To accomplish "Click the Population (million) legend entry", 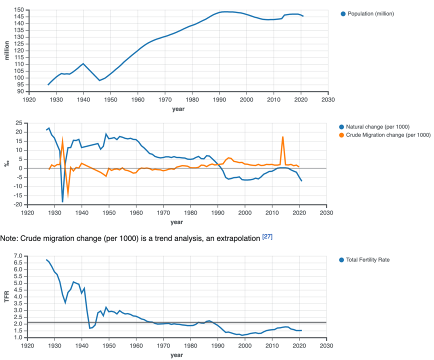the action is click(x=367, y=14).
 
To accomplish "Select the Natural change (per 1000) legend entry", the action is click(x=374, y=126).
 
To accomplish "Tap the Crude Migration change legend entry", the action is click(x=384, y=135).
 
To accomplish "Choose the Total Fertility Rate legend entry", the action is click(x=364, y=260).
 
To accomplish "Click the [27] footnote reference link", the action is click(x=267, y=236).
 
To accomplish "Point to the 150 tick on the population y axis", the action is click(x=19, y=10).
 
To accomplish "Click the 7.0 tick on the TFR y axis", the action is click(x=18, y=256).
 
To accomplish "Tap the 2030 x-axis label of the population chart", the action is click(x=328, y=99).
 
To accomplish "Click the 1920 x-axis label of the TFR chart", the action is click(x=27, y=345).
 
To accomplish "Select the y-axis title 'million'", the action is click(x=7, y=50).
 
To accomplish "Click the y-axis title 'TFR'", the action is click(x=7, y=296).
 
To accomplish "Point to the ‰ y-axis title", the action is click(x=6, y=163).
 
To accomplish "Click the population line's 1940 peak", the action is click(x=83, y=63).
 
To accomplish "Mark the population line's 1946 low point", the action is click(x=99, y=80).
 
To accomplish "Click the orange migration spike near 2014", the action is click(x=282, y=136).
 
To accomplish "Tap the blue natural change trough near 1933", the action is click(x=62, y=201).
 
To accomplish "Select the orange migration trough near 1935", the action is click(x=68, y=197).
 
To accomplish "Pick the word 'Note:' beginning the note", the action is click(x=9, y=238).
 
